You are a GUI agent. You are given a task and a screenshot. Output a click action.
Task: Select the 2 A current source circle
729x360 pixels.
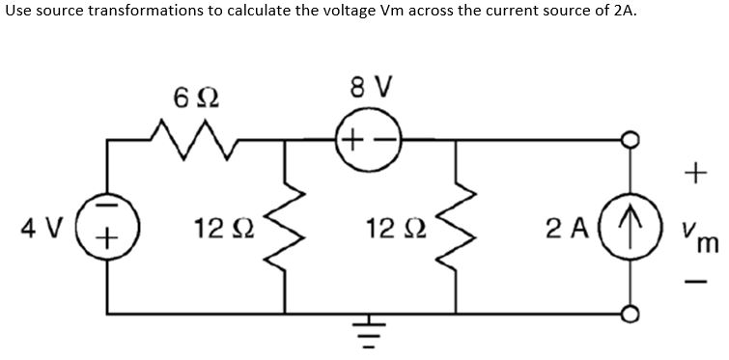632,231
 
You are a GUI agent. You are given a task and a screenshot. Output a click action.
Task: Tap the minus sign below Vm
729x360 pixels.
689,284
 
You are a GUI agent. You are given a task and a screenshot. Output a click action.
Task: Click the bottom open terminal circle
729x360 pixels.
632,313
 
